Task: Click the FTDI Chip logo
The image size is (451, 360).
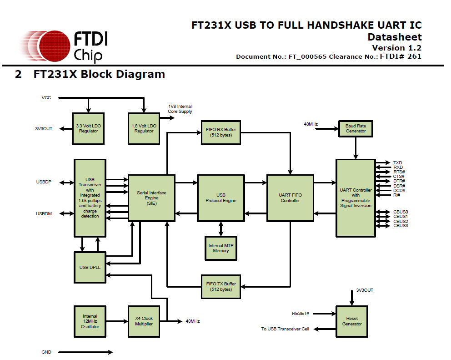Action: point(64,46)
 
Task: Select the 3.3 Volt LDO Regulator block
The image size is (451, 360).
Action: point(89,128)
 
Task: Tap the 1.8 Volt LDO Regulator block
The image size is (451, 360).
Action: point(144,128)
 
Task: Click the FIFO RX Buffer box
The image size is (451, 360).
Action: point(221,133)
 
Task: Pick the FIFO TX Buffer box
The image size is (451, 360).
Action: point(221,286)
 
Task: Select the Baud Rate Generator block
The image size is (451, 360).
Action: point(356,128)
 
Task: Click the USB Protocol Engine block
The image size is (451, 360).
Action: point(221,198)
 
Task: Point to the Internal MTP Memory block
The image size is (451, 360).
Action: point(221,248)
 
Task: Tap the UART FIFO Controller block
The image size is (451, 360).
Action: point(290,198)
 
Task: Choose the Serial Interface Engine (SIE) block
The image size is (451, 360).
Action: point(151,198)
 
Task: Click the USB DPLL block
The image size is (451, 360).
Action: point(90,267)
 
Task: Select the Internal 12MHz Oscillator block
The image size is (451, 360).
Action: point(90,321)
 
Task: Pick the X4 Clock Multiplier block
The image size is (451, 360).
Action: point(144,321)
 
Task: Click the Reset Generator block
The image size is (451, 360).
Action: point(352,321)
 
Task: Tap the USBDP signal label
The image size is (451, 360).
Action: point(44,183)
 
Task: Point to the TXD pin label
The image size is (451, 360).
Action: point(397,162)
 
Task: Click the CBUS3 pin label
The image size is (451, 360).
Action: point(401,226)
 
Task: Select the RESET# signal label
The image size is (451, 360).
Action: point(301,314)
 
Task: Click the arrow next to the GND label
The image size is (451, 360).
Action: point(85,352)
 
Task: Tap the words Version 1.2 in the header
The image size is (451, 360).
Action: point(396,48)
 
